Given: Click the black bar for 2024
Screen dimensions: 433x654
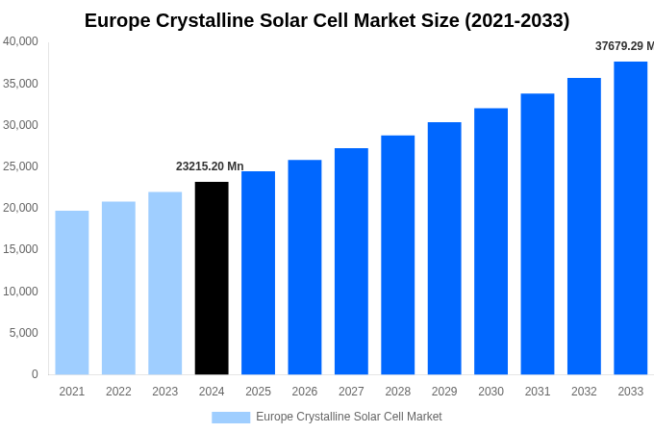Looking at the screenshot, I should click(212, 278).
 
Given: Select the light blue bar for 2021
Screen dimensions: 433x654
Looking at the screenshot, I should click(72, 293).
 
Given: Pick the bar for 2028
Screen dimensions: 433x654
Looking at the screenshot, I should click(397, 255).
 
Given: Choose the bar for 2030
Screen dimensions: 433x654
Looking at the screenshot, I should click(490, 242).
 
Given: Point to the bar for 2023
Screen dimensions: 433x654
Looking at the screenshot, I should click(164, 283).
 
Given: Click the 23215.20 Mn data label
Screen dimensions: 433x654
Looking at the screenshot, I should click(210, 166).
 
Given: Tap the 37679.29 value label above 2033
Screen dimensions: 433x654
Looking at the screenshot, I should click(624, 46).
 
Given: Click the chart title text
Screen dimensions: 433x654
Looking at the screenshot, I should click(327, 20).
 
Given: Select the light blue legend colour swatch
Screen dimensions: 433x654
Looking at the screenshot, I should click(231, 418).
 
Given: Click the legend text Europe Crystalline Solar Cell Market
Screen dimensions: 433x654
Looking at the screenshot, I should click(349, 417).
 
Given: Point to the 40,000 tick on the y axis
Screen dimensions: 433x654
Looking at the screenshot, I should click(20, 41).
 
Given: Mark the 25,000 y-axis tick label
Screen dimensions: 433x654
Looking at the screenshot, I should click(20, 166).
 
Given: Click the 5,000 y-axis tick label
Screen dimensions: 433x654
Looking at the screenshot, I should click(24, 333).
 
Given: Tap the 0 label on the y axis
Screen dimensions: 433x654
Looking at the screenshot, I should click(35, 374).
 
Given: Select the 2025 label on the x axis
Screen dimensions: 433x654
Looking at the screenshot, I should click(258, 392).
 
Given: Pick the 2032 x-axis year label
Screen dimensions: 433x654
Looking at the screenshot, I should click(584, 392).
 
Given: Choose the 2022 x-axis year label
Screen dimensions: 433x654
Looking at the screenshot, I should click(118, 392).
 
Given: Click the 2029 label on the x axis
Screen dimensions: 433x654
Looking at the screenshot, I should click(444, 392).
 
